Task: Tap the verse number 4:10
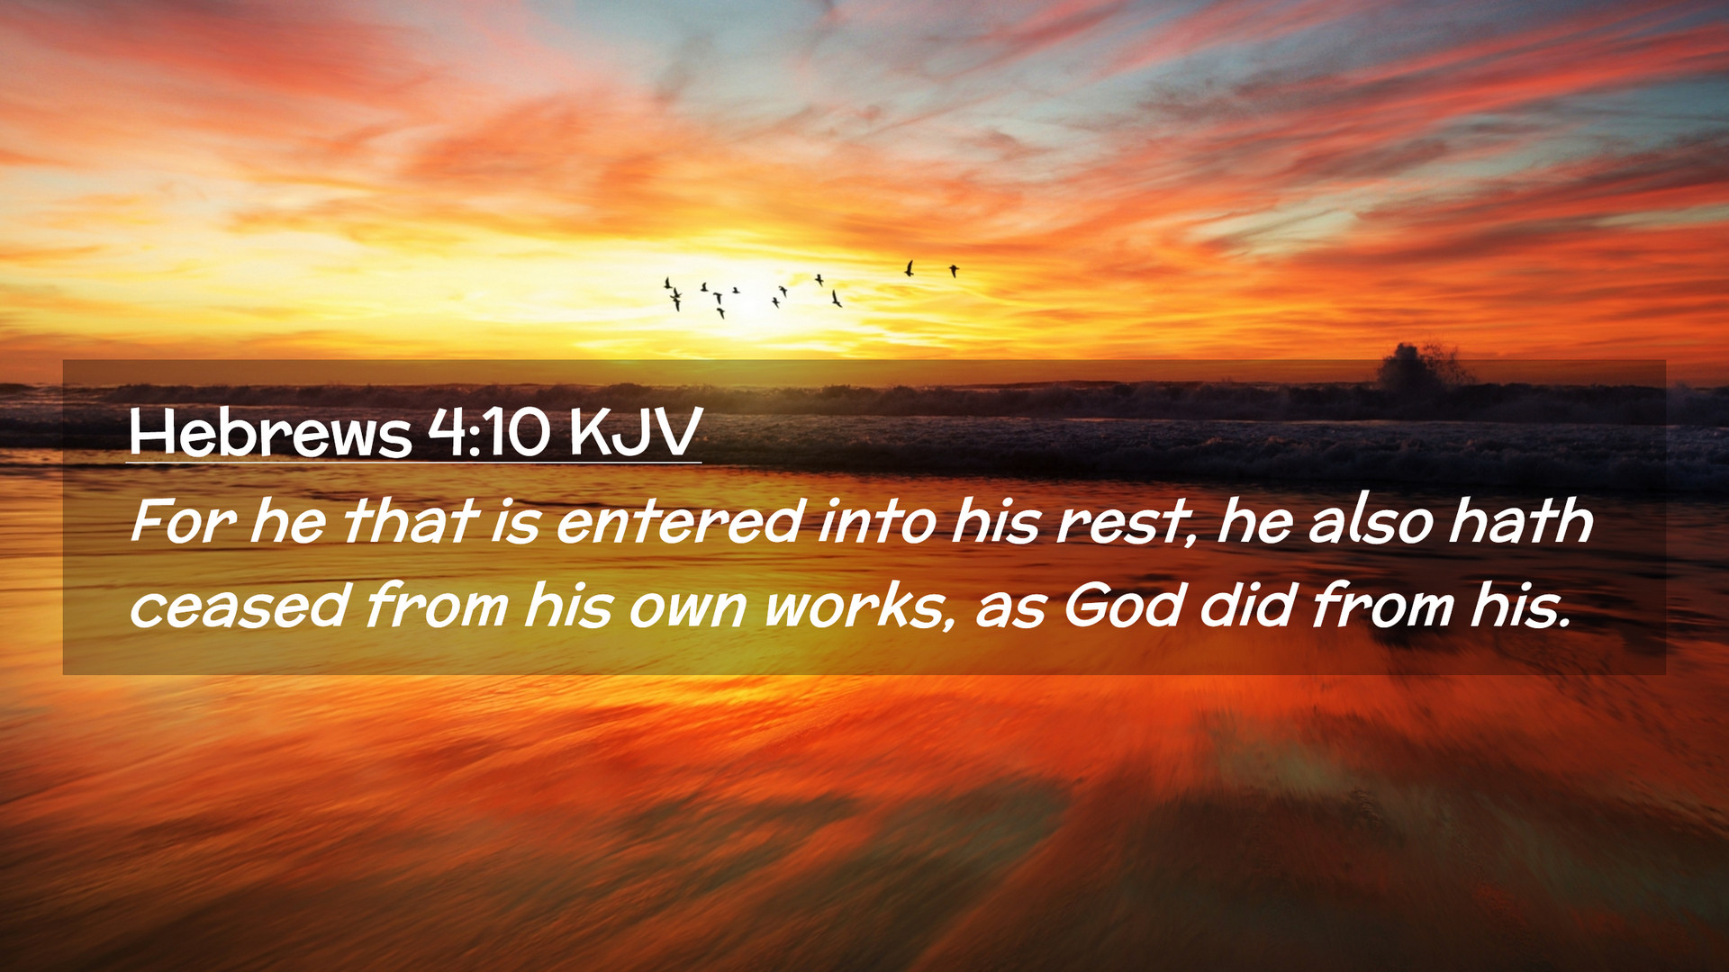489,433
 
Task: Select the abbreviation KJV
635,433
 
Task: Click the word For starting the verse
184,521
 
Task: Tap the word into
877,521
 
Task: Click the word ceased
240,606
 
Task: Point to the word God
1123,605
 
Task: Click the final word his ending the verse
1520,605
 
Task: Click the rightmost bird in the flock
954,270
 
